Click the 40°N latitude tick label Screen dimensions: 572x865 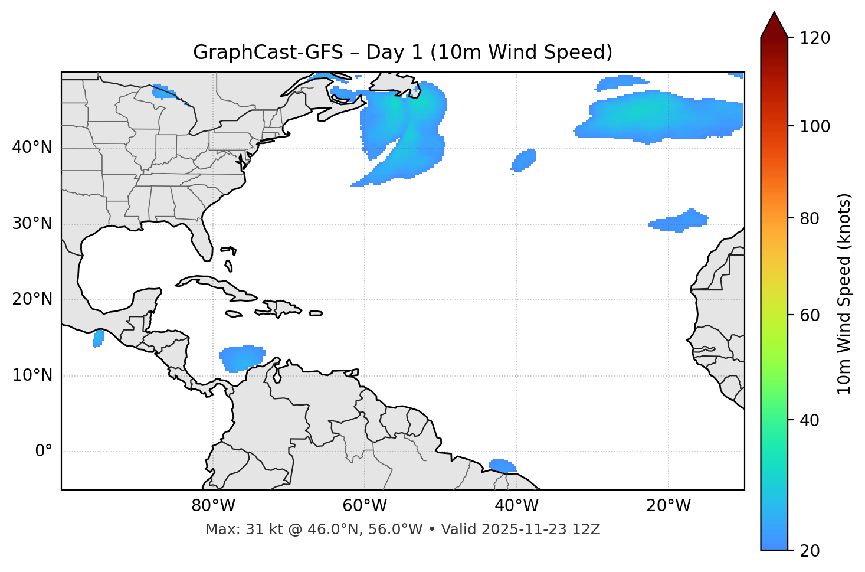click(x=32, y=148)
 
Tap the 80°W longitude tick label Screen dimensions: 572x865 click(x=213, y=506)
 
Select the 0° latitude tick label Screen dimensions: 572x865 click(x=44, y=452)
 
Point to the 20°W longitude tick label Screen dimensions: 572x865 click(x=669, y=506)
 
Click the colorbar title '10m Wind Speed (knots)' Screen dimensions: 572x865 click(x=844, y=294)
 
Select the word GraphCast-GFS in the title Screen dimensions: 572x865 click(x=268, y=53)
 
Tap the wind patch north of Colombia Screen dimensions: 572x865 click(x=241, y=358)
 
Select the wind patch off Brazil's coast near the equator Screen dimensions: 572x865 click(x=502, y=466)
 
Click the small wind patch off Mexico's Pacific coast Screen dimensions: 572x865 click(x=99, y=338)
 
